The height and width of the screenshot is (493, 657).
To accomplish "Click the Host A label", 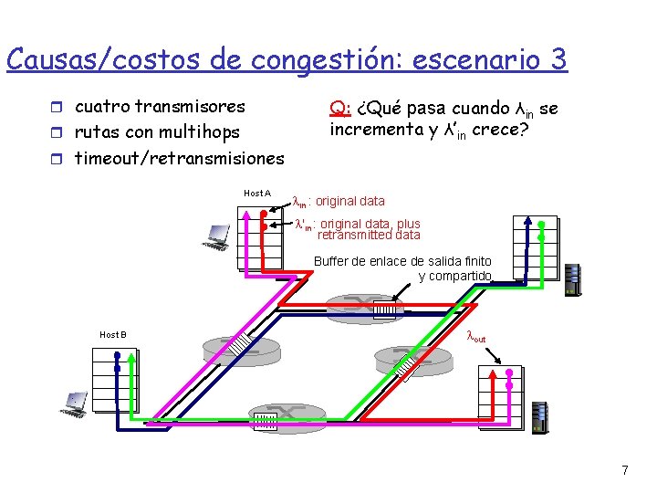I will click(257, 193).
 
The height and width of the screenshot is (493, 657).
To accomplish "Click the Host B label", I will click(112, 334).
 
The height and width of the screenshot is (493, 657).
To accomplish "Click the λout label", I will click(476, 337).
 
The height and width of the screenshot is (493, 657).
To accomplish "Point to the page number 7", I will click(624, 471).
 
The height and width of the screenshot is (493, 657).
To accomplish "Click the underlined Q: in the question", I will click(339, 109).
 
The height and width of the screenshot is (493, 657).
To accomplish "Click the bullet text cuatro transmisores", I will click(160, 107).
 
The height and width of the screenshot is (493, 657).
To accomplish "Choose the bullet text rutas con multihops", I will click(156, 132).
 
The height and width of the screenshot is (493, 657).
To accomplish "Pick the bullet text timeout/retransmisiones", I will click(179, 158).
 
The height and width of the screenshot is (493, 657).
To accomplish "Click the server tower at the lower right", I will click(539, 418).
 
